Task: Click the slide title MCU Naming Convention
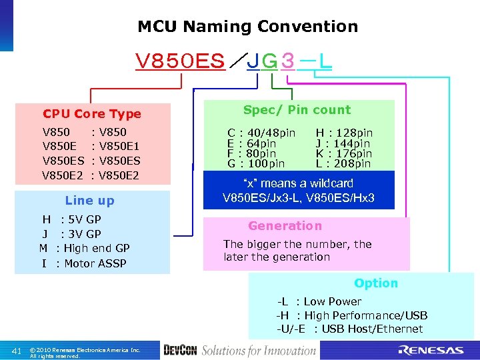pos(247,27)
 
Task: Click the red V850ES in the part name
pos(179,61)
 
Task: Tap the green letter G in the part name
pos(269,61)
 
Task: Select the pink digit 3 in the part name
pos(287,61)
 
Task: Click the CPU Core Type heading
pos(92,114)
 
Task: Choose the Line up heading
pos(89,201)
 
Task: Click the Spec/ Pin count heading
pos(297,110)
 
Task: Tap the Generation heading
pos(285,226)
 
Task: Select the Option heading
pos(376,283)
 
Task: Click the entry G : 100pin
pos(256,163)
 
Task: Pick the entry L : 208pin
pos(344,163)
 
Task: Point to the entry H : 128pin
pos(344,133)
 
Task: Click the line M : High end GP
pos(84,248)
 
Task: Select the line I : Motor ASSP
pos(83,263)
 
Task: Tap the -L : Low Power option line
pos(319,301)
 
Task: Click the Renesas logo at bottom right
pos(431,350)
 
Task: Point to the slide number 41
pos(17,351)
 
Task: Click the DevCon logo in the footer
pos(179,351)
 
